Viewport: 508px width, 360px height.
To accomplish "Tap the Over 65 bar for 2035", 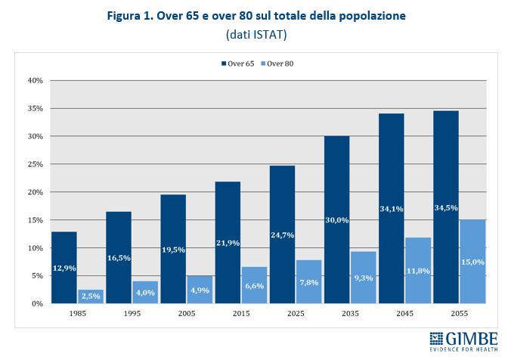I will [x=337, y=219].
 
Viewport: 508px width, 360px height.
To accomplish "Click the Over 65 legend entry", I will [x=237, y=64].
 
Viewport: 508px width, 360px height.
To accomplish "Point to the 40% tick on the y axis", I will [x=36, y=80].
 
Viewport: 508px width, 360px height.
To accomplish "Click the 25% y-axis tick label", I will [x=36, y=164].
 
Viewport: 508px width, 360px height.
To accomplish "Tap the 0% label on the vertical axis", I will [x=38, y=304].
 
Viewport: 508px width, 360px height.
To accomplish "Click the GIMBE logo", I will [x=462, y=340].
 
